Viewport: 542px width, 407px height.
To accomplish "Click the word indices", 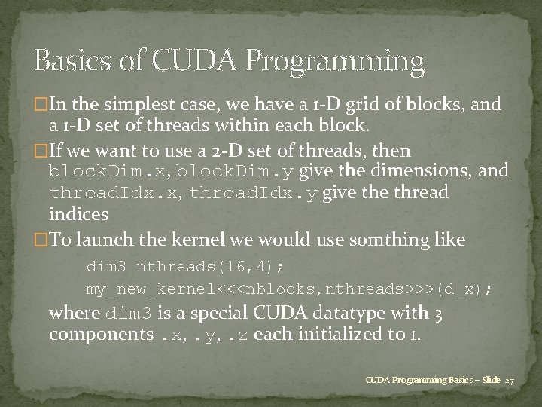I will [x=79, y=215].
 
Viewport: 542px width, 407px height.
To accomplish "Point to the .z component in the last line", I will [x=239, y=334].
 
